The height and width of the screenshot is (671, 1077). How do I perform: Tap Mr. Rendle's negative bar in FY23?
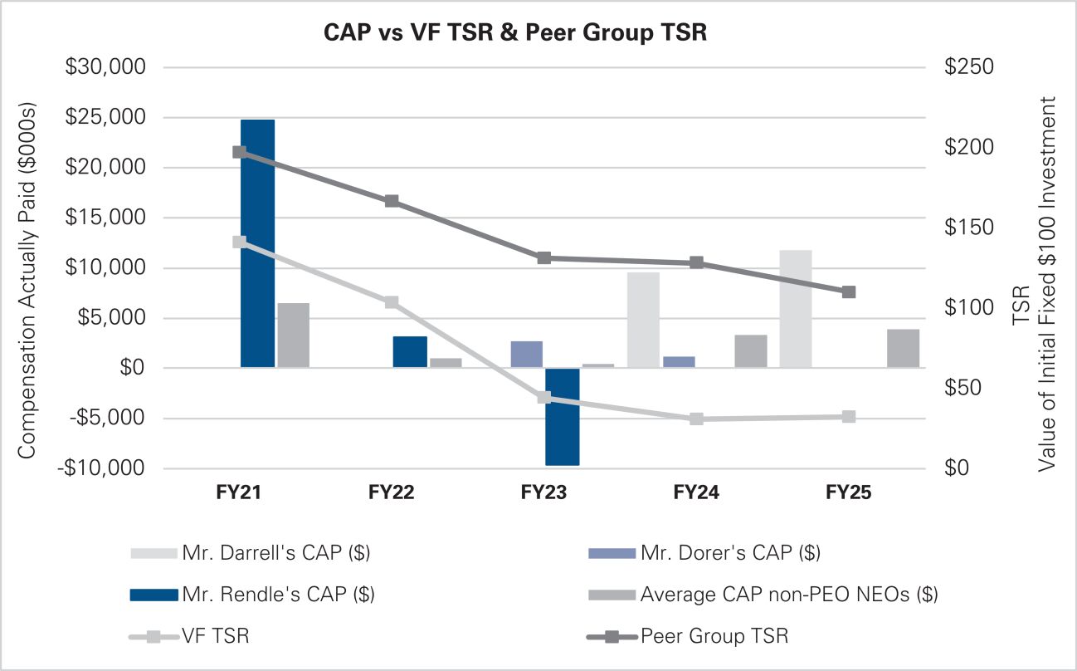562,417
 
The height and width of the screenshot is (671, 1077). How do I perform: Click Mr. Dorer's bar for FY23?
526,355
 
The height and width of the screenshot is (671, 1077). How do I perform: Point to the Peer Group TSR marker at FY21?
239,152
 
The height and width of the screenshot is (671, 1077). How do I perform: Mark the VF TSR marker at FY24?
696,419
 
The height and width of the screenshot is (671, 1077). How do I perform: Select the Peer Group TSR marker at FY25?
848,292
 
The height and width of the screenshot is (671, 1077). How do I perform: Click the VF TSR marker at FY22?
392,302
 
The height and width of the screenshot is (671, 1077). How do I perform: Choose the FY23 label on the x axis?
543,492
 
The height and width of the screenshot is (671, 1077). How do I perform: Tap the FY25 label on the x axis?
848,492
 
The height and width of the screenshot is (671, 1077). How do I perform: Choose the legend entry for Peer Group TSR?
714,637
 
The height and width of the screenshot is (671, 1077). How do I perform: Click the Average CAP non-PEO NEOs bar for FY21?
293,335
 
